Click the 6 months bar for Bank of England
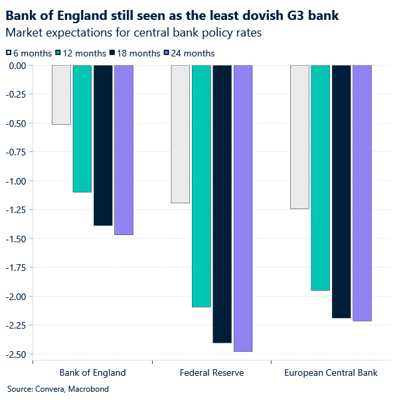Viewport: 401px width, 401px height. click(x=62, y=95)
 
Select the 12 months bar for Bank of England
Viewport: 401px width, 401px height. click(x=82, y=129)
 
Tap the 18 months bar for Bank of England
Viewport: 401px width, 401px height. click(x=103, y=145)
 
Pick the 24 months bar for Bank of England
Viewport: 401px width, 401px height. click(x=123, y=150)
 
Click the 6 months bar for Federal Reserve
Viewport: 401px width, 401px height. click(x=181, y=134)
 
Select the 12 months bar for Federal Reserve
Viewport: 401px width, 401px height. click(x=201, y=186)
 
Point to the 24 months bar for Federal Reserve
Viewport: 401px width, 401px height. click(x=243, y=208)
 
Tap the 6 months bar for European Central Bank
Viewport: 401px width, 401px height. click(x=299, y=137)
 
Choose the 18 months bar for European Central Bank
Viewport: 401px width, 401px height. click(x=341, y=192)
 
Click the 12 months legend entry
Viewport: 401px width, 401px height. click(x=82, y=53)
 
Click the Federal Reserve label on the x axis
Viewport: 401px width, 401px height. click(x=212, y=372)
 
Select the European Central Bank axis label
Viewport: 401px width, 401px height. click(x=331, y=372)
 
